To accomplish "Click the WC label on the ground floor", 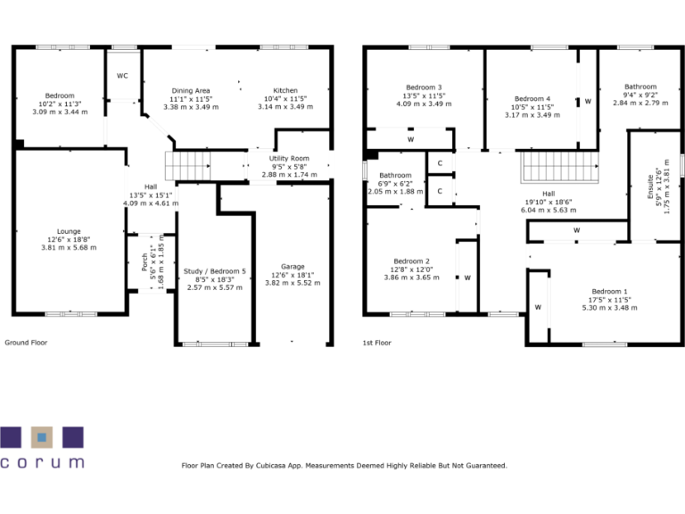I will [122, 76].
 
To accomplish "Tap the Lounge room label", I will [69, 230].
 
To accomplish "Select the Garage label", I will [293, 267].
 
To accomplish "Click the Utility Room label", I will [289, 158].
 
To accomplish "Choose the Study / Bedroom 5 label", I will [214, 271].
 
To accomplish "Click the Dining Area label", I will [191, 91].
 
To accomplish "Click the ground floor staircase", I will [189, 165].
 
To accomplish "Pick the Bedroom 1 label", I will [610, 293].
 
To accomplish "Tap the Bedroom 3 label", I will [424, 87].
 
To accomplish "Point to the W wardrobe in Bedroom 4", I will [588, 102].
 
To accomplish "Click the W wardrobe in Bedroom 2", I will [467, 278].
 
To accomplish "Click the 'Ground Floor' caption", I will [27, 342].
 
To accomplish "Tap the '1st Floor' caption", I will [377, 342].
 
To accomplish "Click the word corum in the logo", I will [42, 463].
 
